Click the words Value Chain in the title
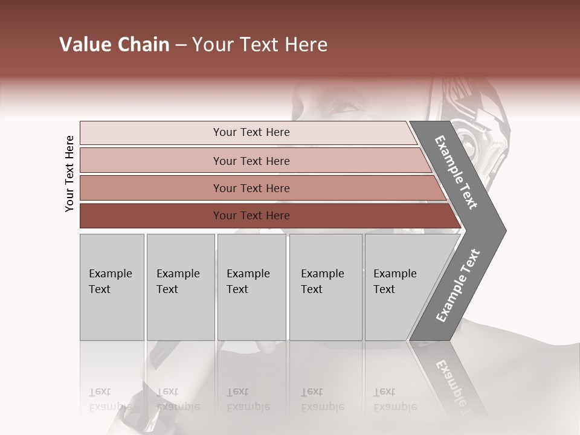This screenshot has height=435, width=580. pyautogui.click(x=114, y=45)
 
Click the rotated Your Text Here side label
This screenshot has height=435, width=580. pyautogui.click(x=69, y=173)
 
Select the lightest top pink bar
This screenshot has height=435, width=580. pyautogui.click(x=251, y=132)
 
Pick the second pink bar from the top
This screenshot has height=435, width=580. pyautogui.click(x=251, y=161)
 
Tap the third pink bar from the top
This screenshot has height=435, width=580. pyautogui.click(x=251, y=188)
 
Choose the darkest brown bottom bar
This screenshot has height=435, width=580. pyautogui.click(x=251, y=216)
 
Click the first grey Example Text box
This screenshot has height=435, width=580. pyautogui.click(x=112, y=287)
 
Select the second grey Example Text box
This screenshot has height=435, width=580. pyautogui.click(x=180, y=287)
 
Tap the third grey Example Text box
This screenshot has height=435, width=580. pyautogui.click(x=251, y=287)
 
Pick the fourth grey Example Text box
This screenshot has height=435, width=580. pyautogui.click(x=325, y=287)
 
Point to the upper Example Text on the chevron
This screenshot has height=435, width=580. pyautogui.click(x=456, y=172)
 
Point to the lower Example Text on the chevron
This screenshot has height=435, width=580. pyautogui.click(x=457, y=286)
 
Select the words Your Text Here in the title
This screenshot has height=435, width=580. pyautogui.click(x=260, y=45)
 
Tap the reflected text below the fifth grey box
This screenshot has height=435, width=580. pyautogui.click(x=395, y=399)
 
